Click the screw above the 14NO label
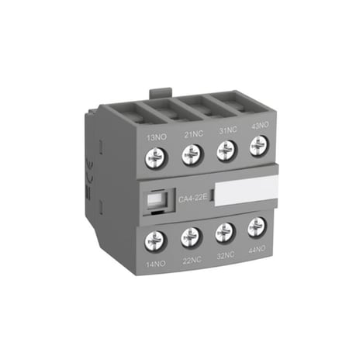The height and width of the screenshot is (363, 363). tap(155, 240)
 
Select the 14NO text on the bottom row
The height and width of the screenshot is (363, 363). tap(157, 264)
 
